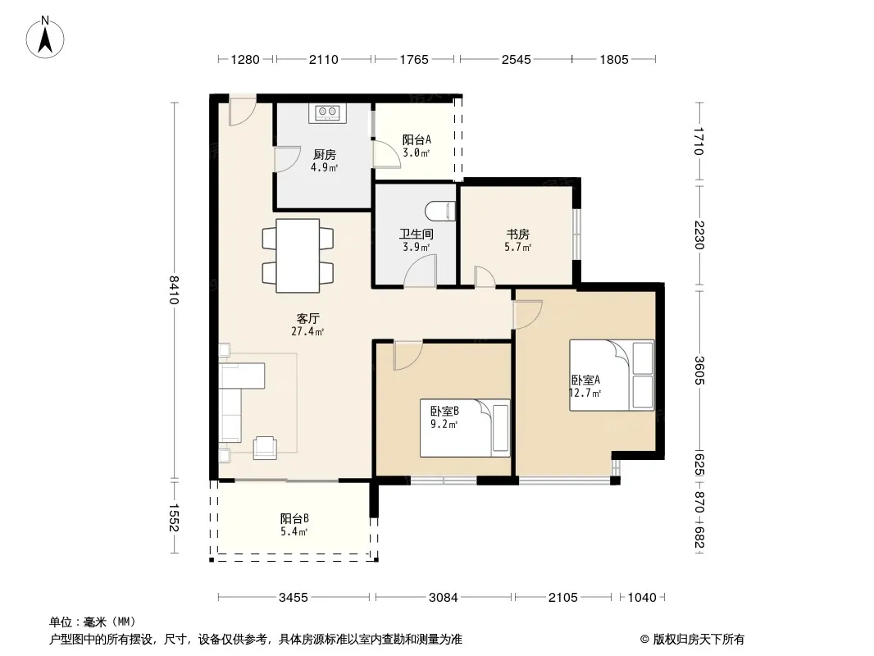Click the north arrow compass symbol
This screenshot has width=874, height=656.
pos(45,38)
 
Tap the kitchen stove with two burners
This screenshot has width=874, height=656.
pos(327,113)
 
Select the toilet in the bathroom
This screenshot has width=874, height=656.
pos(440,211)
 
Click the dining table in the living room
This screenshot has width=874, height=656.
pos(298,255)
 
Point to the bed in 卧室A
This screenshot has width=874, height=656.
pos(611,375)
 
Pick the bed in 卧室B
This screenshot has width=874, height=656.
pos(465,428)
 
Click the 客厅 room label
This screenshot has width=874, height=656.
pos(307,318)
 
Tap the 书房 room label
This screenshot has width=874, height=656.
pos(518,234)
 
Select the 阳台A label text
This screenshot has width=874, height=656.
pos(417,139)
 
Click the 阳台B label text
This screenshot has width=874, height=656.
pos(294,518)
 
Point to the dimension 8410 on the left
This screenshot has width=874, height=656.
pos(174,290)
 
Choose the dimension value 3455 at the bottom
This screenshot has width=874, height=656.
pos(294,598)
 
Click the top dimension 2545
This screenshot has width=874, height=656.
pos(517,59)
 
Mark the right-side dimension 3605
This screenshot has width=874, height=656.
pos(700,370)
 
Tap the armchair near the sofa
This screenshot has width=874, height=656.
pos(266,448)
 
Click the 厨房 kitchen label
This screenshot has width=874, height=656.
pos(325,154)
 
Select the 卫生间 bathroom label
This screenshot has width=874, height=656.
pos(417,234)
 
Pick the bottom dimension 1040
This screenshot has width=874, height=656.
pos(642,598)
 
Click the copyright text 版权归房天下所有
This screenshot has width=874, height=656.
pos(699,640)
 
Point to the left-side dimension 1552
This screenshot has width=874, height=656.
pos(174,517)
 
